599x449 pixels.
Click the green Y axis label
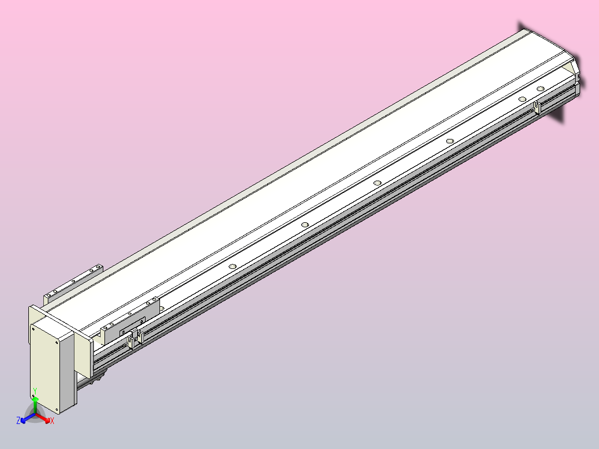click(x=35, y=390)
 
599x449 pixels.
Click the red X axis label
click(x=52, y=421)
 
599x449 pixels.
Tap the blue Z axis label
click(x=18, y=421)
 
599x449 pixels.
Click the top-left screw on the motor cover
click(x=34, y=329)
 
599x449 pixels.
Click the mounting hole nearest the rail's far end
click(x=540, y=88)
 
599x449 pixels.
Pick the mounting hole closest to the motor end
click(x=233, y=266)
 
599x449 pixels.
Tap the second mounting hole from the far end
click(x=522, y=99)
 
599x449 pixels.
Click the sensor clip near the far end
click(x=536, y=107)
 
